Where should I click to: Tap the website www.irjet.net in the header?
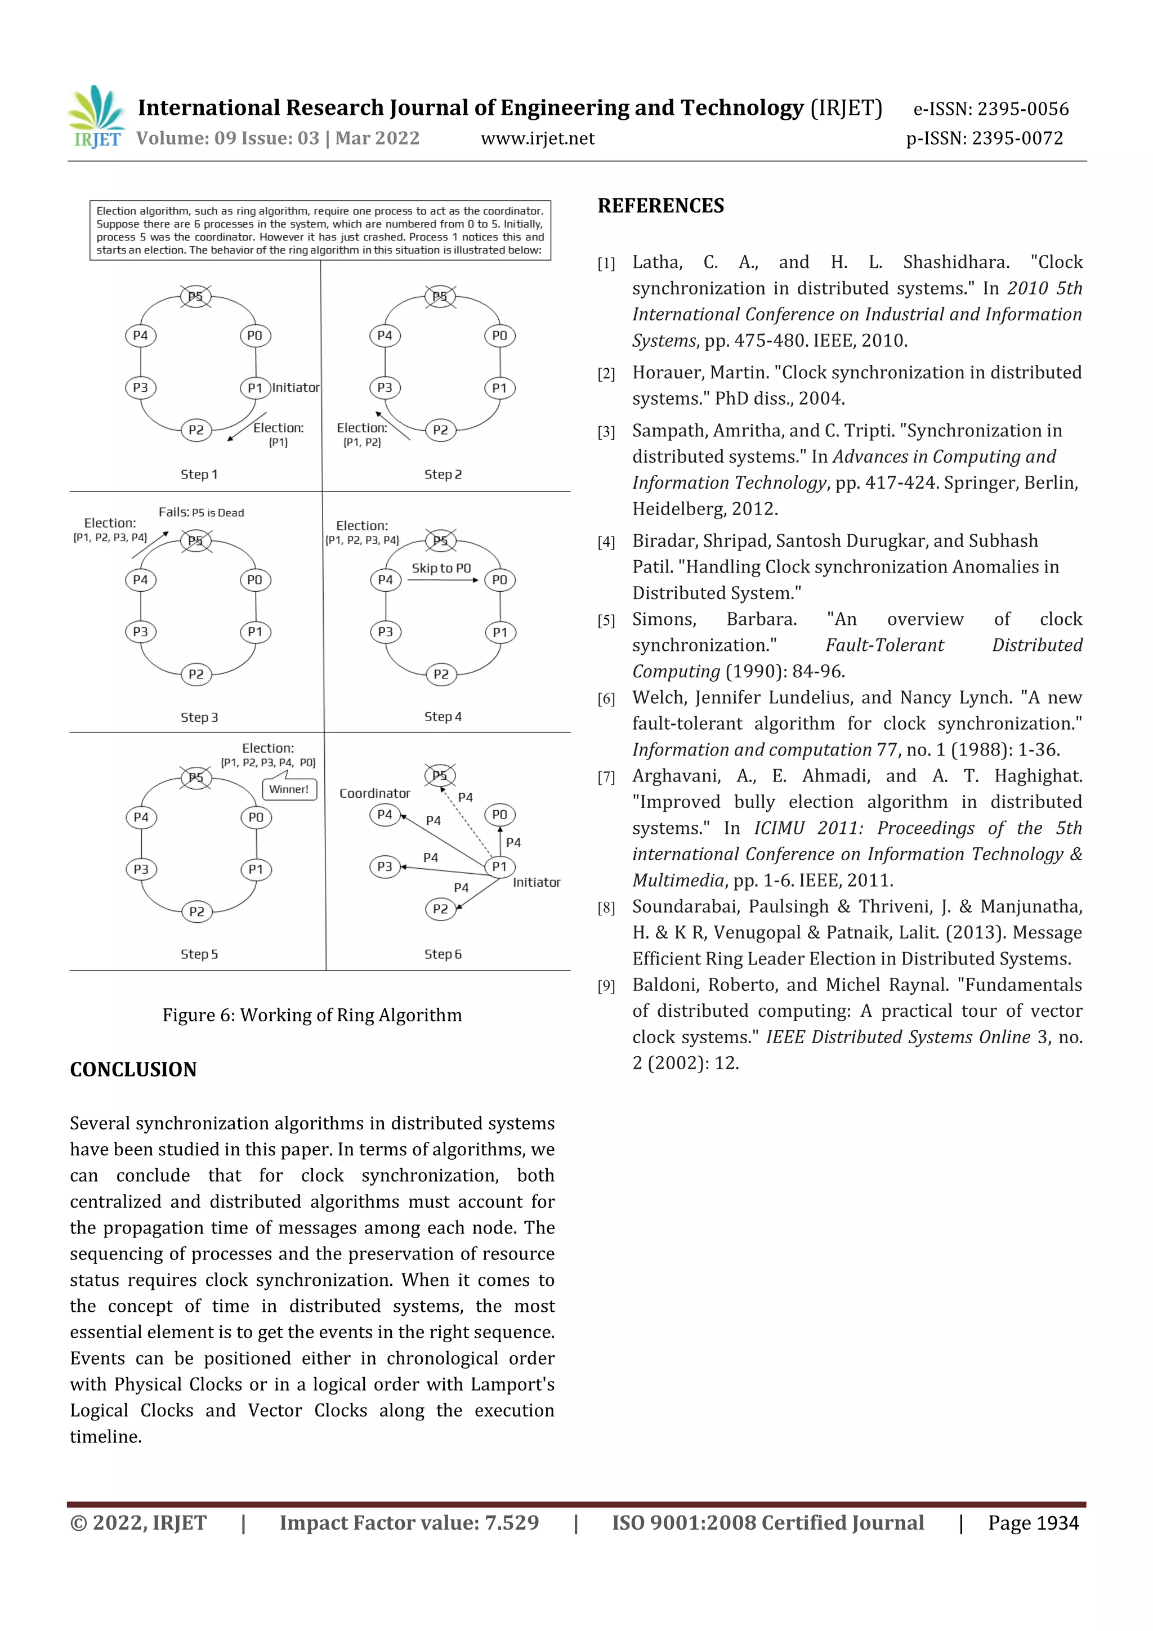[537, 138]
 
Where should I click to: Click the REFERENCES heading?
[661, 206]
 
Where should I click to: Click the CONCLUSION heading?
[133, 1069]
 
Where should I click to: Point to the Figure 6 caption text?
[312, 1015]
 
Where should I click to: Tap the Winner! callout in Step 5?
[289, 789]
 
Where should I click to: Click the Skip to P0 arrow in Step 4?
[442, 580]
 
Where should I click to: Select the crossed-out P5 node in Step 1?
[195, 296]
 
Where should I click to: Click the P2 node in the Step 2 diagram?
[440, 430]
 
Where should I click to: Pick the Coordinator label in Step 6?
[374, 793]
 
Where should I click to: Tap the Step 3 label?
[199, 717]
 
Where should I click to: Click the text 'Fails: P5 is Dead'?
[201, 512]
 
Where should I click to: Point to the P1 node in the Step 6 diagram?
[500, 866]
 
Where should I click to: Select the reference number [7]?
[606, 777]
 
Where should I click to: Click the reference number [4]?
[606, 542]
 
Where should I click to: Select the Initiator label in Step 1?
[296, 387]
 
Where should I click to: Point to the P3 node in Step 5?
[141, 869]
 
